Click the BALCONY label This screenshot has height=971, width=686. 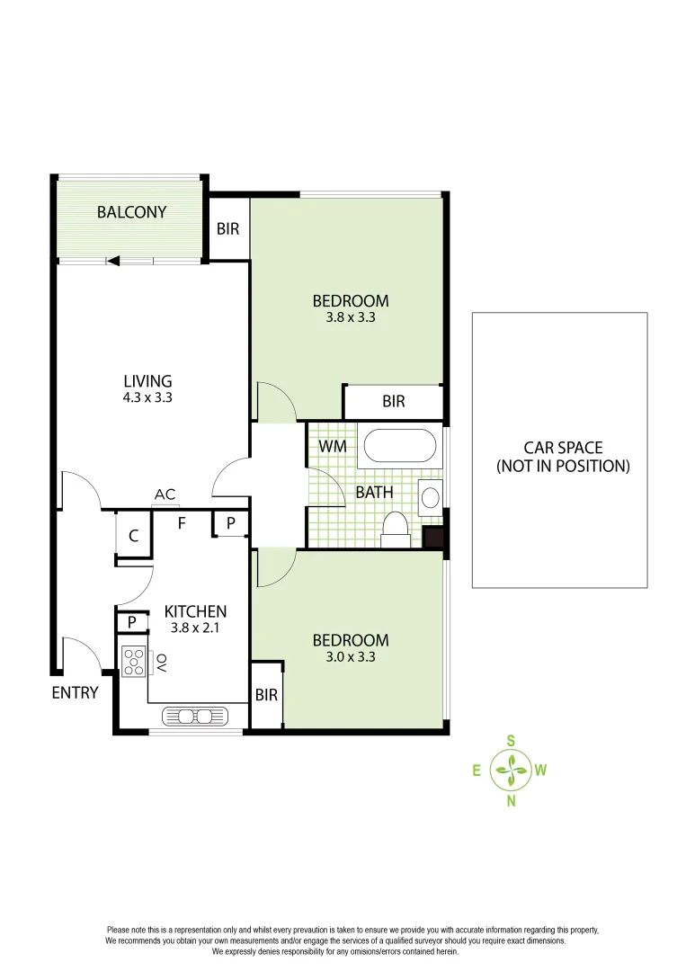(131, 212)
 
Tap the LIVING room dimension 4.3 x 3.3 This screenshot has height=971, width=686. (147, 396)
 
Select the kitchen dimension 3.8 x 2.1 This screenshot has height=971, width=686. (194, 628)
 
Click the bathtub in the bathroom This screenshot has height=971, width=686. (399, 446)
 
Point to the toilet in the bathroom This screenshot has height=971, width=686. (396, 530)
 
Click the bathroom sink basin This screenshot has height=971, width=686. (430, 496)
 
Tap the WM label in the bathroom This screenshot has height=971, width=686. (333, 446)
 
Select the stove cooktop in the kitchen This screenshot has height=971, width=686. (134, 662)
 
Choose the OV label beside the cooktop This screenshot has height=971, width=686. (162, 663)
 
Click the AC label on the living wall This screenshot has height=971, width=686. (165, 494)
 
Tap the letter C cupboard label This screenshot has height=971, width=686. (133, 537)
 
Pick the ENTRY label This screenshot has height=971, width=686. (75, 692)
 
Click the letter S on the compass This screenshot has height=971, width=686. (511, 741)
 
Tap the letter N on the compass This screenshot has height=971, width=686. (511, 801)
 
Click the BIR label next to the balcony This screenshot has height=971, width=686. (228, 228)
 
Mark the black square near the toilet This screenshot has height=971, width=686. (432, 538)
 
